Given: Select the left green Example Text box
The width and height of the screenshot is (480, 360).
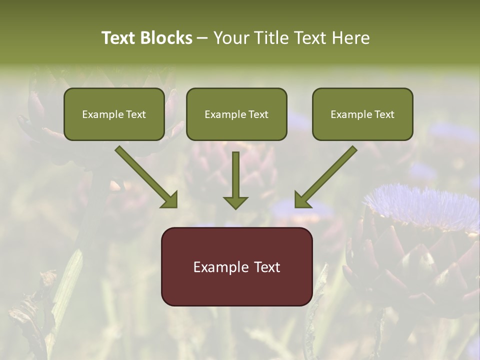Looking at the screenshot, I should [114, 114].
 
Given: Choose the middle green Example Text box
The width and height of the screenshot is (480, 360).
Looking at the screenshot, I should [236, 114].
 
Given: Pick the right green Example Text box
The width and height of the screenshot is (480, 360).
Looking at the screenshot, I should [362, 114].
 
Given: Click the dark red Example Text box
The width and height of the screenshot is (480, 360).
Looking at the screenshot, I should [236, 266].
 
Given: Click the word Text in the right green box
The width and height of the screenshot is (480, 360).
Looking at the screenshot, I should [384, 114].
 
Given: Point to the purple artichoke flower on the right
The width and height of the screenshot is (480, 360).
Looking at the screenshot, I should [422, 205].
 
